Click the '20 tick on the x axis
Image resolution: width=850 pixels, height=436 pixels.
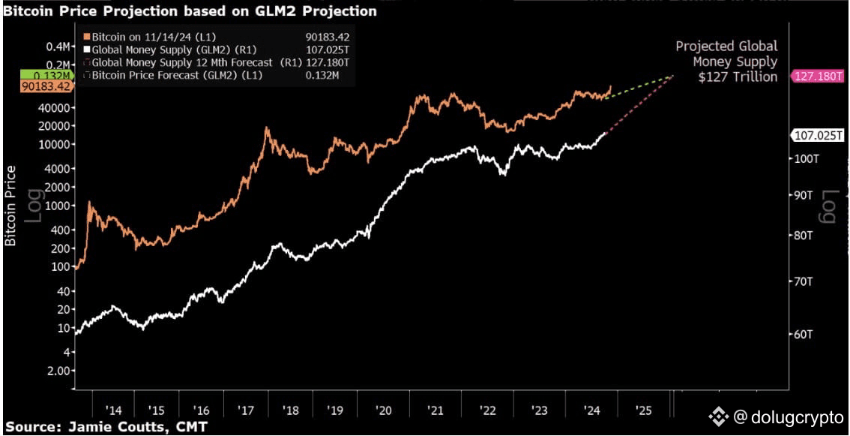click(384, 410)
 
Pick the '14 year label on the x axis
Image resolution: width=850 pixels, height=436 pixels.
click(114, 410)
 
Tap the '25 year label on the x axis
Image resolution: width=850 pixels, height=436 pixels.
click(643, 410)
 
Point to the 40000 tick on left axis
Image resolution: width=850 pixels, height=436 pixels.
click(52, 108)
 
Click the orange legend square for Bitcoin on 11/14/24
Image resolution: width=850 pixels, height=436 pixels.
click(86, 36)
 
